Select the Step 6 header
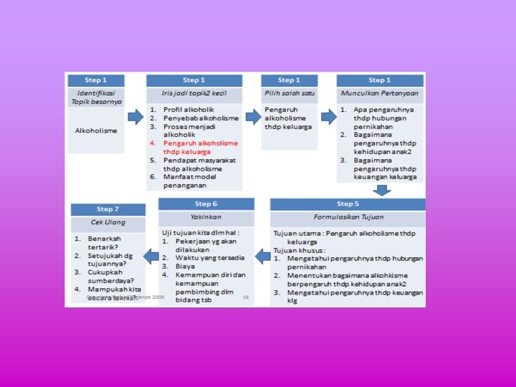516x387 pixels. pos(206,204)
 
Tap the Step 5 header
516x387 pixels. pos(348,204)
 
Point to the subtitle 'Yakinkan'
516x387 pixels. pos(206,217)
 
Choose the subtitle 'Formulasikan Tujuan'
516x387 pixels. pos(348,217)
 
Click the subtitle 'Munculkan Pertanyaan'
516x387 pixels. pos(379,94)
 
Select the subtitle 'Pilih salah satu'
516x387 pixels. pos(289,94)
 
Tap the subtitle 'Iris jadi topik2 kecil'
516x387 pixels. pos(193,94)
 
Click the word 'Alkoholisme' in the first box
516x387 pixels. pos(96,130)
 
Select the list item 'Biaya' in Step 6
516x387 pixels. pos(185,266)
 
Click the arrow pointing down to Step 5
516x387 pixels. pos(383,190)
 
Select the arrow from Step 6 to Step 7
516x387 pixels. pos(150,254)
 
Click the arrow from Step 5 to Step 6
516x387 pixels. pos(263,254)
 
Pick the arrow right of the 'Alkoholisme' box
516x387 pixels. pos(135,117)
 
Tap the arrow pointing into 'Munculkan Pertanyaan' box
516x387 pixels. pos(328,117)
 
